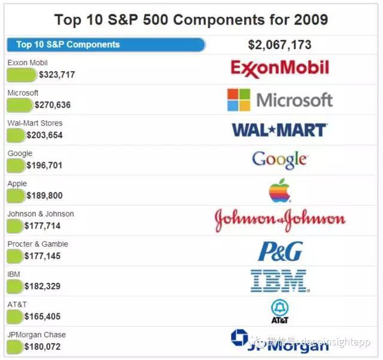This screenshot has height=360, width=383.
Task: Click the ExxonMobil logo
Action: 279,68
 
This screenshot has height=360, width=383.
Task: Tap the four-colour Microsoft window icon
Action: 238,100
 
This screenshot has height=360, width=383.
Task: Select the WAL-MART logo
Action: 279,130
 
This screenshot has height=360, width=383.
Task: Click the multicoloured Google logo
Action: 279,160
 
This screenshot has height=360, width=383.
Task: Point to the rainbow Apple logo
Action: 279,190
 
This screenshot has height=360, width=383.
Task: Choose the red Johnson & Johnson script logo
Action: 279,220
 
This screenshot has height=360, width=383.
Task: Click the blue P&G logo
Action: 279,251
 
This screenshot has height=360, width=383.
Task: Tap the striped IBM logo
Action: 279,280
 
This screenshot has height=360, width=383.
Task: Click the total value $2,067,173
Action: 279,45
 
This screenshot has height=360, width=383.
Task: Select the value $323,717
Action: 57,75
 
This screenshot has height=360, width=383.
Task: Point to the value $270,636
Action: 53,105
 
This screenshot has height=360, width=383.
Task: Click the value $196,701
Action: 44,166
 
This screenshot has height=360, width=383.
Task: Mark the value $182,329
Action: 42,286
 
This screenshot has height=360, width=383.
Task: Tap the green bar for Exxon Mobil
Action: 22,75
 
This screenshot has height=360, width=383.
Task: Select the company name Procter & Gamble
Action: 38,244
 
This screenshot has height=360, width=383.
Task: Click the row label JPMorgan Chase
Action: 37,335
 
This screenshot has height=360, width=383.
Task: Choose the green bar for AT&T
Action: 15,316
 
